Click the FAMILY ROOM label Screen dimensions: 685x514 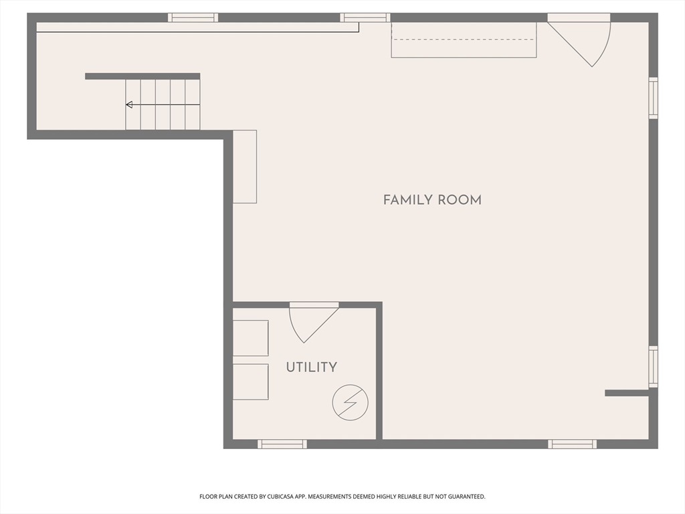coord(432,200)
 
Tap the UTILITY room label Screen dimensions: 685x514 coord(312,367)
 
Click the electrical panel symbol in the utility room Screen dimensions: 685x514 coord(350,402)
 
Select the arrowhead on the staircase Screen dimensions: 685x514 coord(129,104)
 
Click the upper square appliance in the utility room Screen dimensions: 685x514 coord(250,338)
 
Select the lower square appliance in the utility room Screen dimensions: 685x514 coord(250,381)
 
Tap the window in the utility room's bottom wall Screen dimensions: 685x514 coord(282,444)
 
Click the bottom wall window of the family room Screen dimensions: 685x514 coord(573,444)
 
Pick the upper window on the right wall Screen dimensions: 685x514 coord(653,98)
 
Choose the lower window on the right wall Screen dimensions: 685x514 coord(653,367)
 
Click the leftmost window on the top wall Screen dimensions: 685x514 coord(193,17)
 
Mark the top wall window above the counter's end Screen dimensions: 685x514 coord(365,17)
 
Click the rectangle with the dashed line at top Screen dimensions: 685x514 coord(464,39)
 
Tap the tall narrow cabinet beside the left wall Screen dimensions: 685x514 coord(245,167)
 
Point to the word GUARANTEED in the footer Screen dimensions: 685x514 coord(466,497)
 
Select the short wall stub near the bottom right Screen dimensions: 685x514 coord(627,393)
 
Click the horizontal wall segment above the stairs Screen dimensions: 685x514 coord(142,76)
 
